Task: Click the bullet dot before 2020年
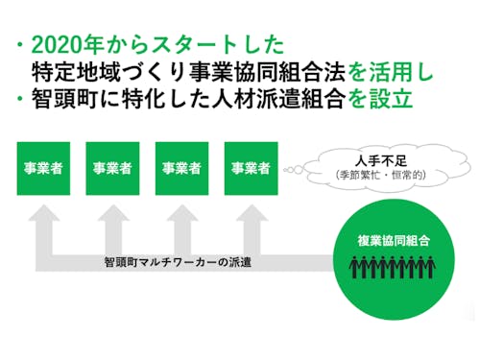[20, 45]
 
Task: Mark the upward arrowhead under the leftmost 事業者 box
[43, 221]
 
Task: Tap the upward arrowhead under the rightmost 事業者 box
[251, 221]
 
